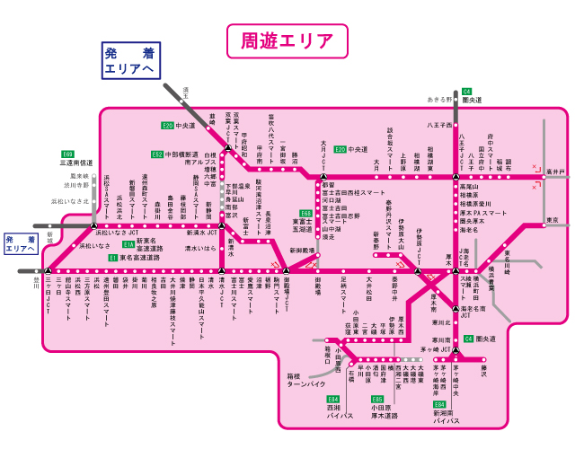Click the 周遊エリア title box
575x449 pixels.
(287, 40)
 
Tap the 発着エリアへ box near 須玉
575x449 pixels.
(129, 61)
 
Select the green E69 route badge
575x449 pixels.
(67, 154)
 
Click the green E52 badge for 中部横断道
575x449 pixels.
(157, 154)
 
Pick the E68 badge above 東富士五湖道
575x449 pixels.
(306, 213)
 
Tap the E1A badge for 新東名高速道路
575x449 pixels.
(128, 243)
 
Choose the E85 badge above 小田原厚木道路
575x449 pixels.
(377, 398)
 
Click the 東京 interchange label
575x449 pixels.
(553, 220)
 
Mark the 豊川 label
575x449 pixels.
(38, 281)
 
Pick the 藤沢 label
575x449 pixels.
(483, 368)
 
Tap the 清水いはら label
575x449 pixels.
(200, 247)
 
